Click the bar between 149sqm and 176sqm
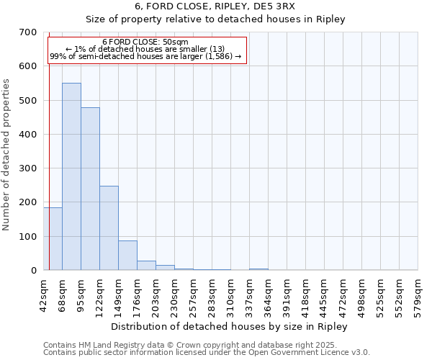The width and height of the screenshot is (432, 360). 127,256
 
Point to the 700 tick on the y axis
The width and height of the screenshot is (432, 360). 28,32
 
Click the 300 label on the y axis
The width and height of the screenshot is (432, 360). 28,168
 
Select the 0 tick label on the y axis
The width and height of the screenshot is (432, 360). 33,271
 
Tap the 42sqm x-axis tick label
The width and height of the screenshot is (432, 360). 43,294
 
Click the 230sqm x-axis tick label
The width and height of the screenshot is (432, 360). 174,294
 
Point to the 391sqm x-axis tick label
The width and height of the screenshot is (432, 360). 287,294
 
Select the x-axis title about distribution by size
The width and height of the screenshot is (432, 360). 230,327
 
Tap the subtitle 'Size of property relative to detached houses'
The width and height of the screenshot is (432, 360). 216,19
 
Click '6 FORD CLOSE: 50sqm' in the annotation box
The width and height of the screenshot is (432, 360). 145,42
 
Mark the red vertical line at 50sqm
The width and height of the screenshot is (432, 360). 49,166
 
